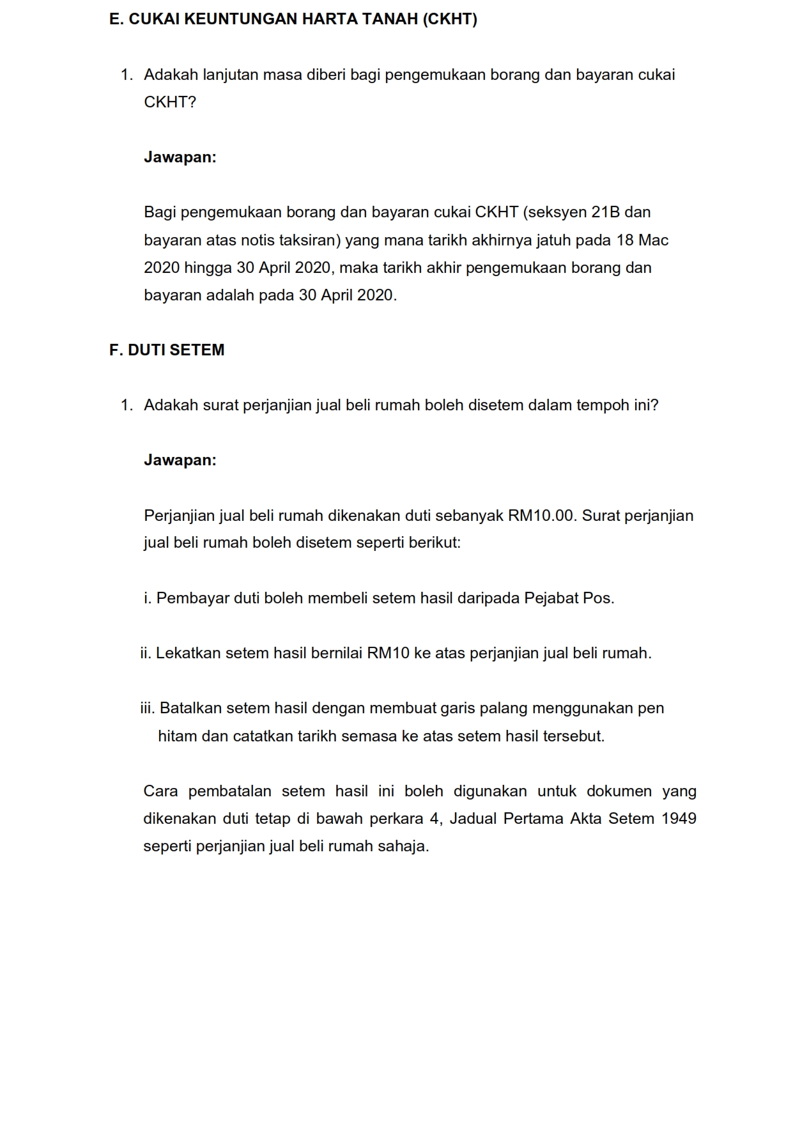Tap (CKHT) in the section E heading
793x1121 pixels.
tap(450, 20)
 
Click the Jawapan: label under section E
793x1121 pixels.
tap(180, 157)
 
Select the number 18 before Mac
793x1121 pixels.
tap(625, 240)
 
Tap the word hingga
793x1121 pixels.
tap(208, 268)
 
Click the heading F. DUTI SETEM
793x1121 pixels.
tap(167, 350)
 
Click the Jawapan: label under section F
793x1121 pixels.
tap(180, 460)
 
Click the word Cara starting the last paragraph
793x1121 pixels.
tap(161, 791)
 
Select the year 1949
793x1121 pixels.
tap(679, 819)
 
